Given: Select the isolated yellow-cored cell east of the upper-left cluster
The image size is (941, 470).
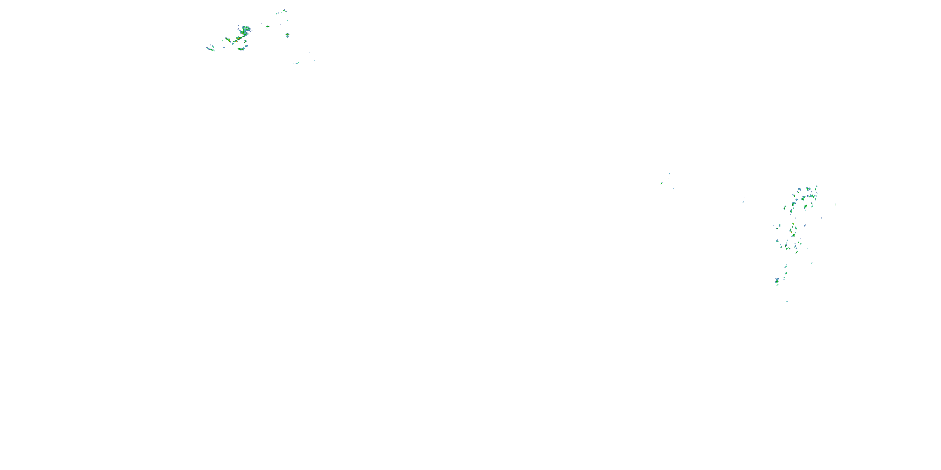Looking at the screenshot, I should point(287,35).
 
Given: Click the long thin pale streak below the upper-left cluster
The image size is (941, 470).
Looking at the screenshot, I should point(297,63).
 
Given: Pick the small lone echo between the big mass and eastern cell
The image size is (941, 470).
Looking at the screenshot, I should point(267,27).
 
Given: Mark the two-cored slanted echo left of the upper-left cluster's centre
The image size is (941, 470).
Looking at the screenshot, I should point(228,39).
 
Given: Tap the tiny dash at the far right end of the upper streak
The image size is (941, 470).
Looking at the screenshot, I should point(314,60).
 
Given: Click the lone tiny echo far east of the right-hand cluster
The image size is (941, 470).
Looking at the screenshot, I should point(836,204).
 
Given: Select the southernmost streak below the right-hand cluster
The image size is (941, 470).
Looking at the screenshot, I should point(787,301).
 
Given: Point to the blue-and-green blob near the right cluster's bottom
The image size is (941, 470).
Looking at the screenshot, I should point(777,280).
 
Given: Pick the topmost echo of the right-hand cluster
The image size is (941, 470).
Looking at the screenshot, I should point(816,187).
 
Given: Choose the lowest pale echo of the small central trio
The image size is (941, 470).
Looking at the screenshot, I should point(674,188).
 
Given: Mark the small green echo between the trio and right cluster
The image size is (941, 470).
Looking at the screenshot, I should point(744,200).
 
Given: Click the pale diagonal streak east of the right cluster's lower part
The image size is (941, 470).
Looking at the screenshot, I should point(811,263).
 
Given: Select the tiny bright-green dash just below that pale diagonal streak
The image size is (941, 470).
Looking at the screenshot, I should point(803,272).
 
